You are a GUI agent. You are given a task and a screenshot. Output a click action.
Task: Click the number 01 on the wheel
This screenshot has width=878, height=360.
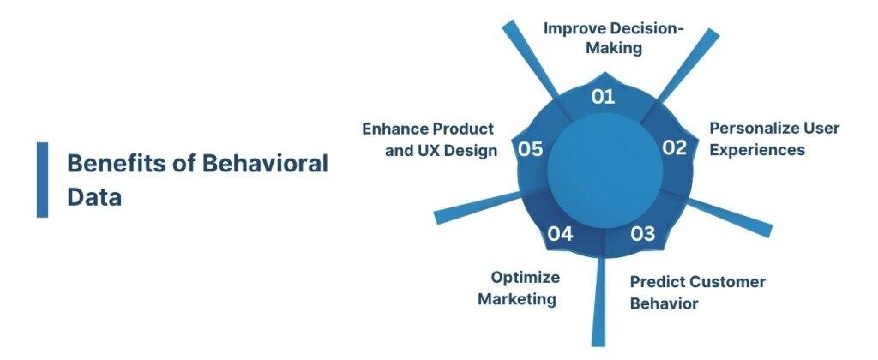coord(604,96)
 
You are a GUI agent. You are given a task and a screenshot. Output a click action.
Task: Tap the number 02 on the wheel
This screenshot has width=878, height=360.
coord(674,147)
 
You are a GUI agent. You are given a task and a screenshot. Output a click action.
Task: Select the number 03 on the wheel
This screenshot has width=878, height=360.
coord(643,233)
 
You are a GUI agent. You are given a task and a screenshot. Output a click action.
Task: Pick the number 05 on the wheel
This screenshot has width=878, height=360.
coord(531,149)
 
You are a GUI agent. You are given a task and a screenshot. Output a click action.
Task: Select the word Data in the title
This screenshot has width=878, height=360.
coord(94,197)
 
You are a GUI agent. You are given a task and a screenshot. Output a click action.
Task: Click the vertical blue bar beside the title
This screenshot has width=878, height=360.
coord(42,179)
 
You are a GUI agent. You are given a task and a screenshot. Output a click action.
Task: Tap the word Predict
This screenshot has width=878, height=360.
coord(656,282)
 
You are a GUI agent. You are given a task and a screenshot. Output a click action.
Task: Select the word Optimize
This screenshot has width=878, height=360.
coord(525,278)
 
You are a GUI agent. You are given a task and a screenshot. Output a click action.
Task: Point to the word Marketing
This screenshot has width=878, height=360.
coord(517,299)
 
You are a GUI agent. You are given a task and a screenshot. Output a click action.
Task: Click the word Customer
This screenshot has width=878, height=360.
coord(726,282)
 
